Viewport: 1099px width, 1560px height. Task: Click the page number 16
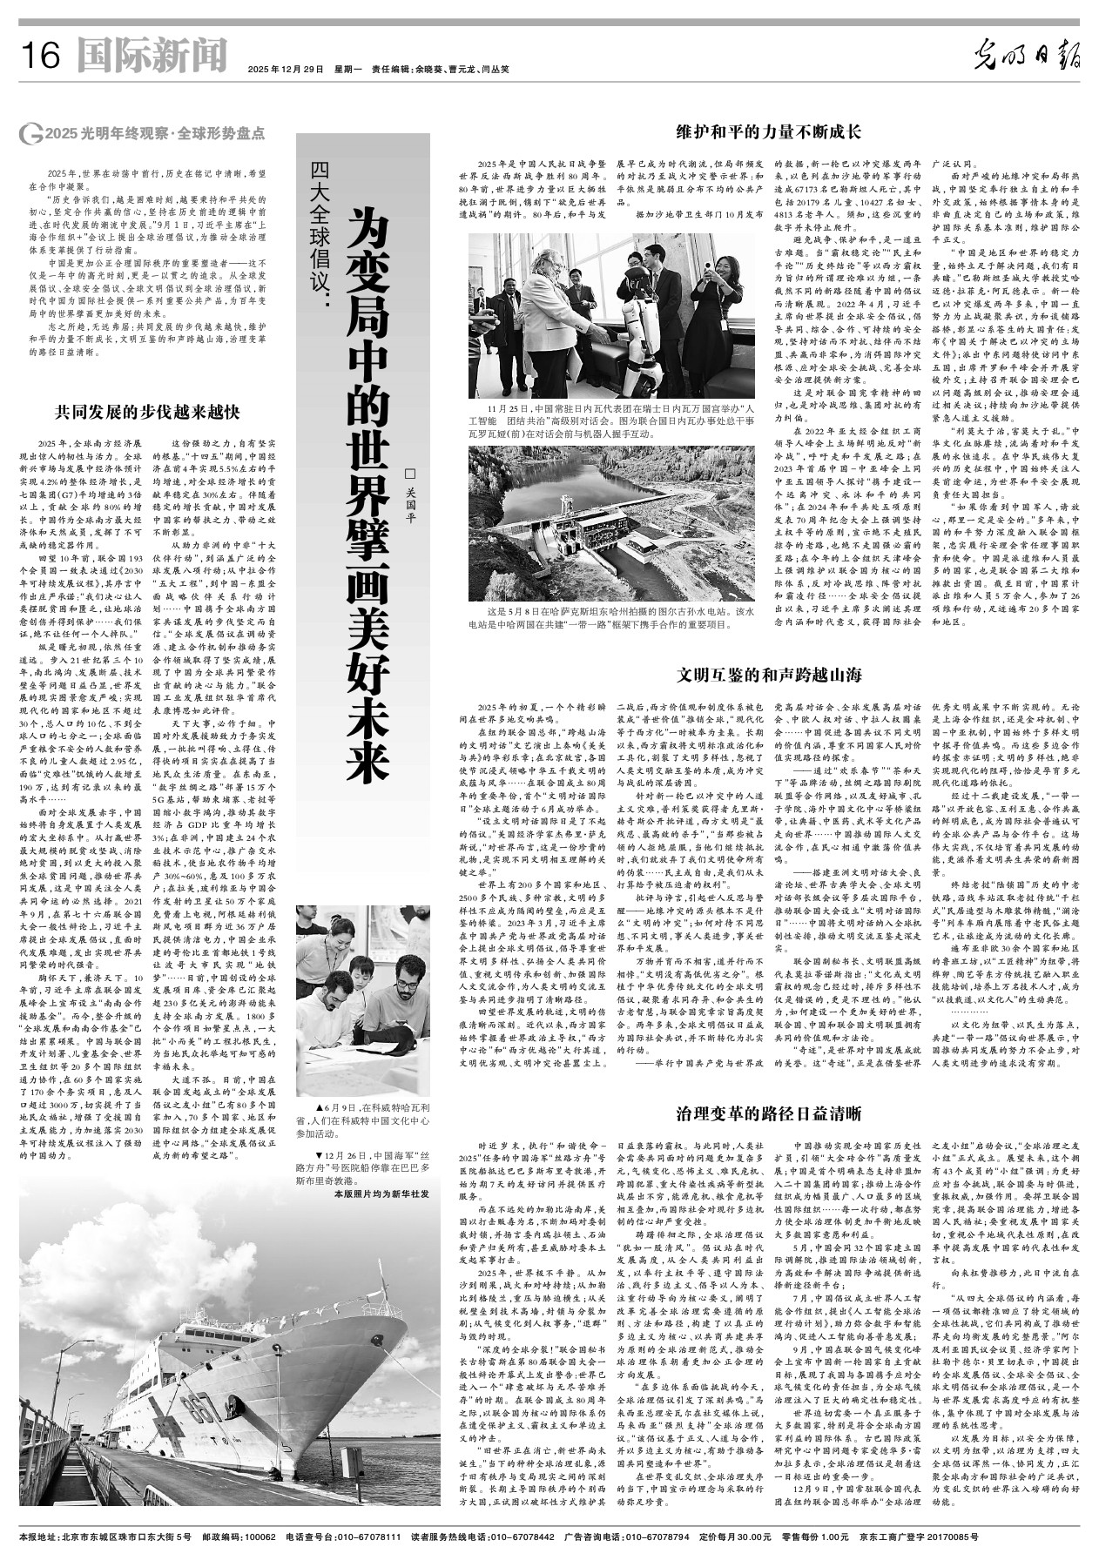(39, 57)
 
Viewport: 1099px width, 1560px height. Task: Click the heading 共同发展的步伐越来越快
(147, 411)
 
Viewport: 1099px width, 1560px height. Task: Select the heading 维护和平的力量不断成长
(769, 132)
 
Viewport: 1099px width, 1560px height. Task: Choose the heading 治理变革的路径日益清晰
(769, 1113)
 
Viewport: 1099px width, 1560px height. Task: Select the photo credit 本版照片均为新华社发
(381, 1194)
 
